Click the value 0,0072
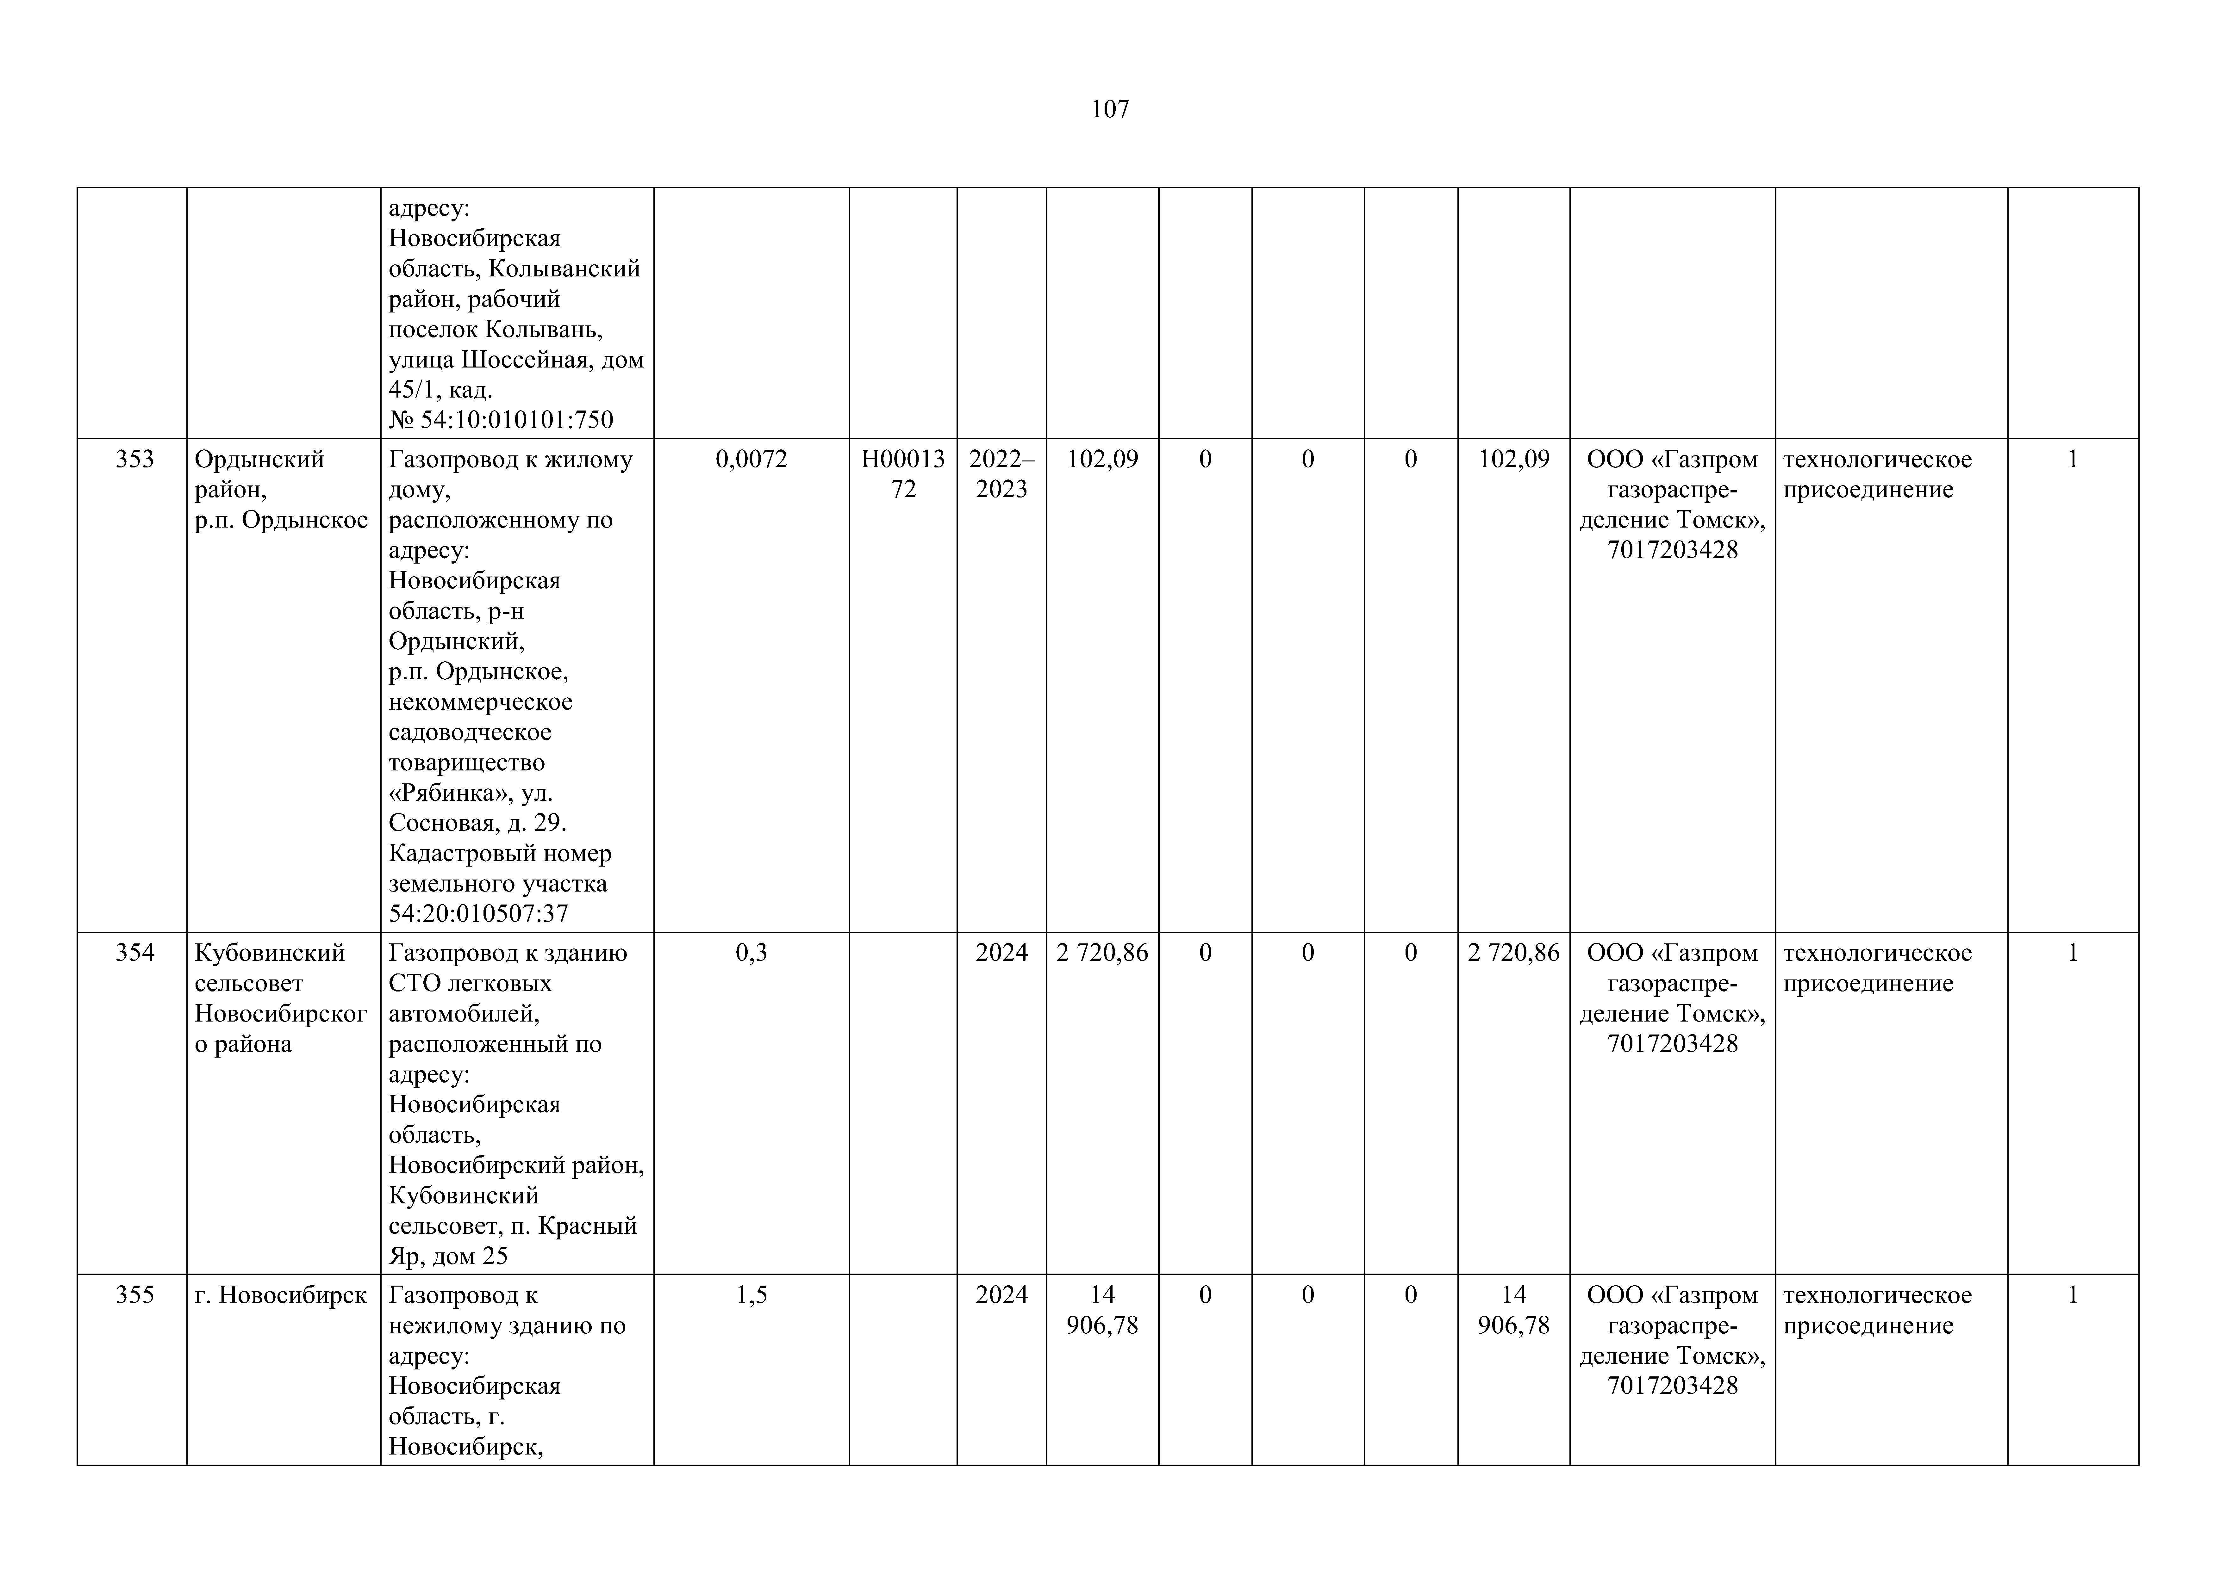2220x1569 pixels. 751,459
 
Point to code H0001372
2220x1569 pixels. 903,474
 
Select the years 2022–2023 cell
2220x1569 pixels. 1001,474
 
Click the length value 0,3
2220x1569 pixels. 751,953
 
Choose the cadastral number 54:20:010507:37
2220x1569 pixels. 479,914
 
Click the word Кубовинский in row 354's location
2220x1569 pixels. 270,953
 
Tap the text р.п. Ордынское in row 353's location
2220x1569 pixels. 280,520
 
